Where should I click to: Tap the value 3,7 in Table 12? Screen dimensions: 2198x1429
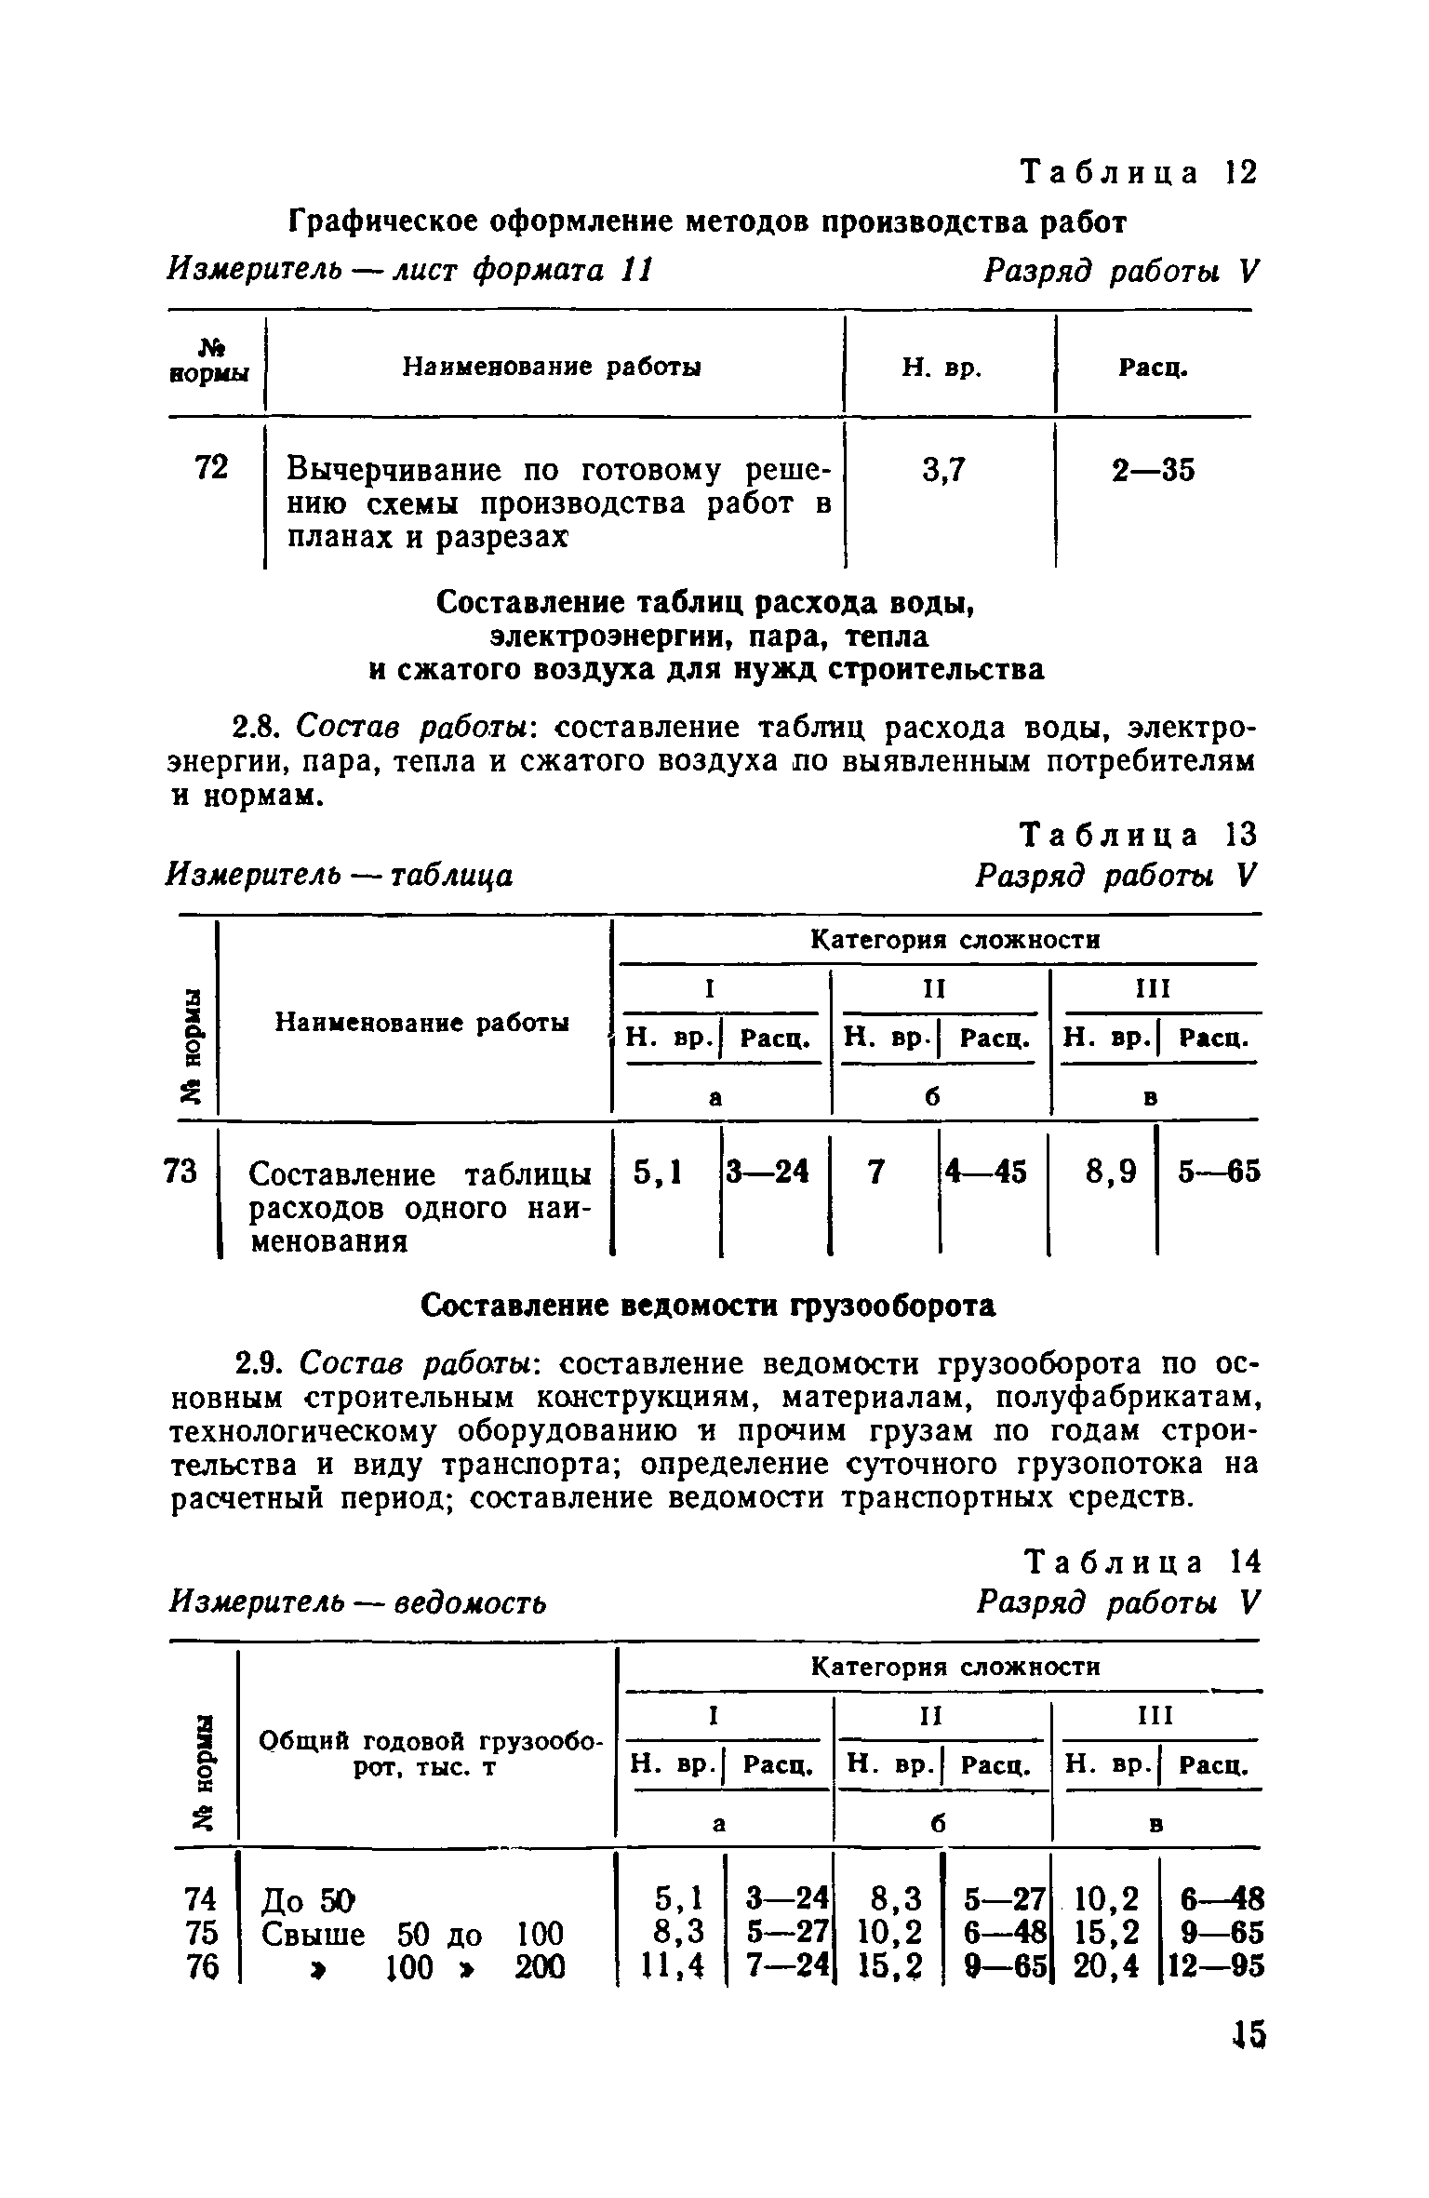coord(945,472)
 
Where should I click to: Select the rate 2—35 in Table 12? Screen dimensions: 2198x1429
coord(1153,472)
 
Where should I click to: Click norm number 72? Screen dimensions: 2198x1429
coord(212,468)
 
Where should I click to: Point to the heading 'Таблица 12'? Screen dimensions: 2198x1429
coord(1139,173)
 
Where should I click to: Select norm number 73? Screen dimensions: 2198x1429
coord(180,1172)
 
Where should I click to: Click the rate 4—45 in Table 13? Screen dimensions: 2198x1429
coord(986,1173)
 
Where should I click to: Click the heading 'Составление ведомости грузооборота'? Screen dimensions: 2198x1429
coord(708,1307)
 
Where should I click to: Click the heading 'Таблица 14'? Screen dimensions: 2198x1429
coord(1140,1561)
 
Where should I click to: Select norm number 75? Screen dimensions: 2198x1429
coord(202,1933)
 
